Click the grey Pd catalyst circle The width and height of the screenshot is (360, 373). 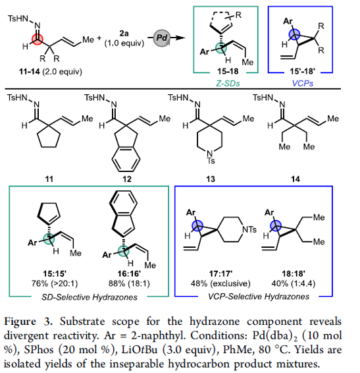pyautogui.click(x=161, y=38)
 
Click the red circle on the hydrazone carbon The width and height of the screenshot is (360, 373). pyautogui.click(x=38, y=40)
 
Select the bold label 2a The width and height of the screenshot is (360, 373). pyautogui.click(x=124, y=34)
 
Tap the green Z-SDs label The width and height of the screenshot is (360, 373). pyautogui.click(x=228, y=83)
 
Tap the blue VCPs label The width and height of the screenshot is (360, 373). pyautogui.click(x=302, y=83)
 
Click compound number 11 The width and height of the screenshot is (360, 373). pyautogui.click(x=49, y=179)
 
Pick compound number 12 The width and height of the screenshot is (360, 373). pyautogui.click(x=126, y=179)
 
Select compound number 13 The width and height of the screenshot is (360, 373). pyautogui.click(x=211, y=179)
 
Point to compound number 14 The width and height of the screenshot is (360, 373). pyautogui.click(x=296, y=179)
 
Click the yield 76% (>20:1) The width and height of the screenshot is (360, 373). pyautogui.click(x=55, y=283)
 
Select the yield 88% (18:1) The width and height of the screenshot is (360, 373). pyautogui.click(x=129, y=283)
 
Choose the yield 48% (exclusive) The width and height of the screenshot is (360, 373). pyautogui.click(x=220, y=283)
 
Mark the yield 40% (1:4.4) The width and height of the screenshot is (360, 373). pyautogui.click(x=294, y=283)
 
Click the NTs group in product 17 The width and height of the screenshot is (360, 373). pyautogui.click(x=249, y=229)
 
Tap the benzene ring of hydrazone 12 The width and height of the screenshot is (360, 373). pyautogui.click(x=126, y=159)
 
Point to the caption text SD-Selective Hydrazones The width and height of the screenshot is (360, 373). pyautogui.click(x=90, y=297)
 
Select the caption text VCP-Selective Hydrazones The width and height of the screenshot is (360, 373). pyautogui.click(x=259, y=297)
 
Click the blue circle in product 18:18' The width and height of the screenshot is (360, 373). pyautogui.click(x=275, y=225)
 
